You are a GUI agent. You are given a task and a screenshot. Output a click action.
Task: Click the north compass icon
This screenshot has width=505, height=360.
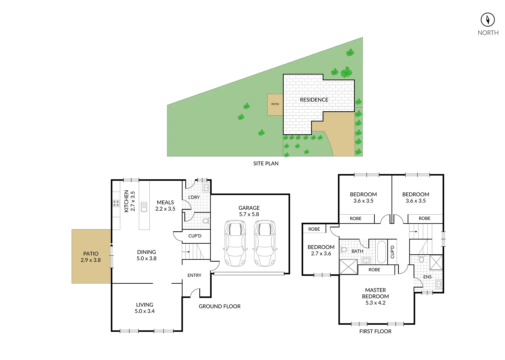(x=487, y=20)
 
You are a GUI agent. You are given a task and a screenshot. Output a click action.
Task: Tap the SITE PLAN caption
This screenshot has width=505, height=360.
(x=266, y=163)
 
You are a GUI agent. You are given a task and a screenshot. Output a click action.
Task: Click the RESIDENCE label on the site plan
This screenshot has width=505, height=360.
(x=314, y=100)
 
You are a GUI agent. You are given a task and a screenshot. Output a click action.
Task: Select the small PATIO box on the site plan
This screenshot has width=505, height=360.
(x=275, y=104)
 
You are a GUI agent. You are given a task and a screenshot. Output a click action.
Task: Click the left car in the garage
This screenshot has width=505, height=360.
(x=235, y=243)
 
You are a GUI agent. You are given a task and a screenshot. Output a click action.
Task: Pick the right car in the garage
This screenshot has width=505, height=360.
(x=265, y=243)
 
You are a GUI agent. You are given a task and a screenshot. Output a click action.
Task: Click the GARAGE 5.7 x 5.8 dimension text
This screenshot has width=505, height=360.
(x=249, y=211)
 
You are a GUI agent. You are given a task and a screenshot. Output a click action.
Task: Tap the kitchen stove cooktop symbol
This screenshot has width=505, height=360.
(x=116, y=203)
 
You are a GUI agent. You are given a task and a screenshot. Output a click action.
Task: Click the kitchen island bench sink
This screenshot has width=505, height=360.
(x=144, y=207)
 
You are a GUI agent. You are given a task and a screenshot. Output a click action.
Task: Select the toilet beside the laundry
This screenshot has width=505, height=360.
(x=206, y=221)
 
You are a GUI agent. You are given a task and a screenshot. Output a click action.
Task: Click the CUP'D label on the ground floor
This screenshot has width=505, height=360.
(x=195, y=236)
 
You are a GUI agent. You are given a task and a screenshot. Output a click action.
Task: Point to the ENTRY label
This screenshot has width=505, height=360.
(x=194, y=275)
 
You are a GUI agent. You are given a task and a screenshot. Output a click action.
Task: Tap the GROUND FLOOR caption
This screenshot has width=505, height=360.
(x=219, y=306)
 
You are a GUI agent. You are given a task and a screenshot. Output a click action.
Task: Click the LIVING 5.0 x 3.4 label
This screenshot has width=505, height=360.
(x=145, y=308)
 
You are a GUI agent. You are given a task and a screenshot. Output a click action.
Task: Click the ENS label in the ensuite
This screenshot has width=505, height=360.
(x=427, y=277)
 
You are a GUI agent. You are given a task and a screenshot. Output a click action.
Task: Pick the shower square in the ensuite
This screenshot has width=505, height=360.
(x=436, y=262)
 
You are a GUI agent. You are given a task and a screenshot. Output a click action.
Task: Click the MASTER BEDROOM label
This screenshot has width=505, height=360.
(x=375, y=296)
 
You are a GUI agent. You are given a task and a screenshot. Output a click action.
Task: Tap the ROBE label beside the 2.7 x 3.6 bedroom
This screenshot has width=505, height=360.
(x=314, y=229)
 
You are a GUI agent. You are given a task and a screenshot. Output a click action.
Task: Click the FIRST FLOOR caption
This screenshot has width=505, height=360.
(x=375, y=331)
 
